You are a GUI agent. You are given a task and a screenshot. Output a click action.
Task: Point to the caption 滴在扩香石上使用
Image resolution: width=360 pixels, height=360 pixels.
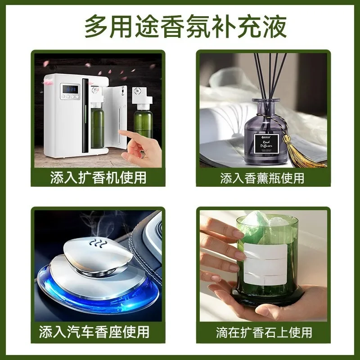(x=263, y=333)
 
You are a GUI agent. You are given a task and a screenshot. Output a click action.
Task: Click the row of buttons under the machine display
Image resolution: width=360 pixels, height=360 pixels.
(x=70, y=97)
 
